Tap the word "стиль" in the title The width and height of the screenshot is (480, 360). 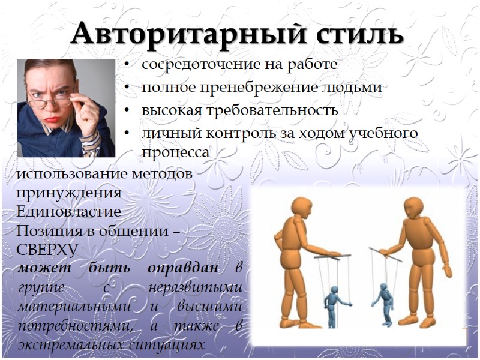pyautogui.click(x=362, y=34)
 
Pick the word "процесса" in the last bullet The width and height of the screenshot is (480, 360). pyautogui.click(x=175, y=152)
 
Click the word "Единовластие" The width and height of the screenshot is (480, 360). pyautogui.click(x=69, y=212)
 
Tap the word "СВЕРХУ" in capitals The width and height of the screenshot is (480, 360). pyautogui.click(x=47, y=248)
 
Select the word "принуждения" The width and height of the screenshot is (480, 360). pyautogui.click(x=69, y=194)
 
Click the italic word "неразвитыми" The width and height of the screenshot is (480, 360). pyautogui.click(x=194, y=287)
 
